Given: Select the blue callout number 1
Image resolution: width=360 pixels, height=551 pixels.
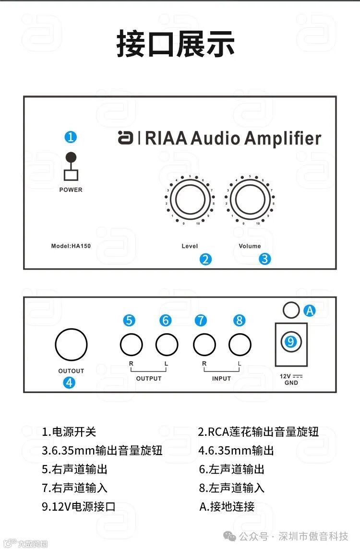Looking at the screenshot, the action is pyautogui.click(x=71, y=137).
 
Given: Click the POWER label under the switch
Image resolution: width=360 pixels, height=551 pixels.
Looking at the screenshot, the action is pyautogui.click(x=71, y=190).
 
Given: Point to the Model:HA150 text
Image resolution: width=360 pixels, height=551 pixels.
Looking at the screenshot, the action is pyautogui.click(x=71, y=246).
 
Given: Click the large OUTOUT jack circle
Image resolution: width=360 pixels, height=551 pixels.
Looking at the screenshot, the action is pyautogui.click(x=71, y=344).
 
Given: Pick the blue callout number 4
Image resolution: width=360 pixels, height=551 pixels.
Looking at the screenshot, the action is pyautogui.click(x=70, y=383).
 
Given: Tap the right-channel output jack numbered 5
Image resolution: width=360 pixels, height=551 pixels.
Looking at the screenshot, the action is pyautogui.click(x=131, y=344).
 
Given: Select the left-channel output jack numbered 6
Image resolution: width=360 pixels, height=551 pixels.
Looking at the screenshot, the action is pyautogui.click(x=167, y=344).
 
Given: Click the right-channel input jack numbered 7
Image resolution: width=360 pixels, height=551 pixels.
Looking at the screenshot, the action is pyautogui.click(x=204, y=344).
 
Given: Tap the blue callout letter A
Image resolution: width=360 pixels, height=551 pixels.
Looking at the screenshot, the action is pyautogui.click(x=310, y=311).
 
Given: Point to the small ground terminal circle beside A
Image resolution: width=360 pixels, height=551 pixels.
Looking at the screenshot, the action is pyautogui.click(x=291, y=310).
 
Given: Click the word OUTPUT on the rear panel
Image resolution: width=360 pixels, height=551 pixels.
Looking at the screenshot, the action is pyautogui.click(x=149, y=378).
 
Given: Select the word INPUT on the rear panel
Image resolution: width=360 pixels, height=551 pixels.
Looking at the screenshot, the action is pyautogui.click(x=222, y=378).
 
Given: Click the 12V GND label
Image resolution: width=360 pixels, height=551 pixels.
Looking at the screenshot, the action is pyautogui.click(x=291, y=380).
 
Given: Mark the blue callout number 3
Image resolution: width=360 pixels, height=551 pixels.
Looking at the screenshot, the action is pyautogui.click(x=265, y=259).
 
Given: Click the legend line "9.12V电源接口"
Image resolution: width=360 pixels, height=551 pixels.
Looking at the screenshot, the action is pyautogui.click(x=79, y=506).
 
